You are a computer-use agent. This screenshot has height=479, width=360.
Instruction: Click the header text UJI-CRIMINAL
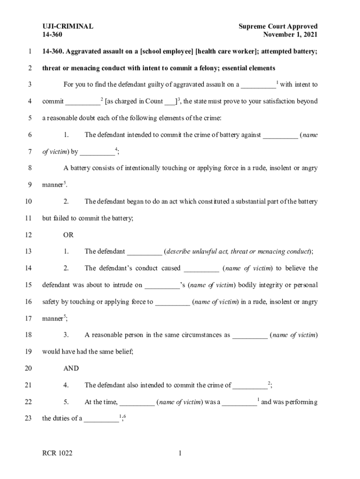coord(67,27)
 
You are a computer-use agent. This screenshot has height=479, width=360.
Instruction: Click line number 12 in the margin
coord(29,235)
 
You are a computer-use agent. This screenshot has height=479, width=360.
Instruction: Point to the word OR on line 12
coord(69,235)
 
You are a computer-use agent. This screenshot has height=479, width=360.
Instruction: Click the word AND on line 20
coord(71,369)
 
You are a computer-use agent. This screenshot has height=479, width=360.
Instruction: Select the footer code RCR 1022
coord(58,453)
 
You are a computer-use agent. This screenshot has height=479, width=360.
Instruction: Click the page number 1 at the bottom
coord(180,453)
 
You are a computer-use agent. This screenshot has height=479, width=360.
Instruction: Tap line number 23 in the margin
coord(29,419)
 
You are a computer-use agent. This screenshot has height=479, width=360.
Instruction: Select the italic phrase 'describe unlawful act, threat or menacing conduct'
coord(238,252)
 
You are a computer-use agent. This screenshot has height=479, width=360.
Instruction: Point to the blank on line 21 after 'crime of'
coord(250,385)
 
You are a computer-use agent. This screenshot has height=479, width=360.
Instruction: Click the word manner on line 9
coord(52,185)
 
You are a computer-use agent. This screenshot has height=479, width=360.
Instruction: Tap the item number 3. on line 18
coord(66,335)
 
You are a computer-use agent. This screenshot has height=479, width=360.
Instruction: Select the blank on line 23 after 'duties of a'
coord(101,419)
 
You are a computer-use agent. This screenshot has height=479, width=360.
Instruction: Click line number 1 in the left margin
coord(30,51)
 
